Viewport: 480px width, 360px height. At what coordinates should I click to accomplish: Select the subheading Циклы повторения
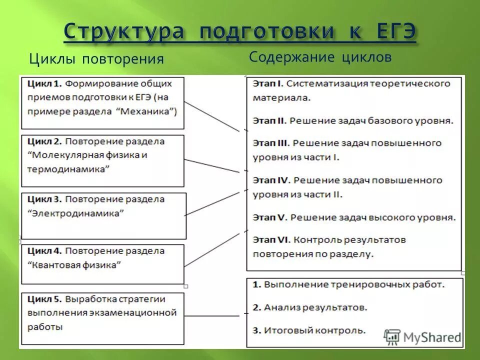(x=96, y=59)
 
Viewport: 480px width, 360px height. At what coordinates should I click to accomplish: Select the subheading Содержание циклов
(x=320, y=57)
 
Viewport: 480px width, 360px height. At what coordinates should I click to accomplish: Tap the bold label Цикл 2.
(x=43, y=141)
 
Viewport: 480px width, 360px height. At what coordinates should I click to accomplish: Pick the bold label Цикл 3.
(x=44, y=199)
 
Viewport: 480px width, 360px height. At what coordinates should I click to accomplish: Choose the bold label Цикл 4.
(x=44, y=250)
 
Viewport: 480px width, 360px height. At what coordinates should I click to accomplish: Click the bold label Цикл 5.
(x=44, y=299)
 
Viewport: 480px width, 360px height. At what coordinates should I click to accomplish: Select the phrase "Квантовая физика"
(x=74, y=264)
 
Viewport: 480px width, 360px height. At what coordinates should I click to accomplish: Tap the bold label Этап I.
(x=268, y=83)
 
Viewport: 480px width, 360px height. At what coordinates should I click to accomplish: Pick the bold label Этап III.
(x=271, y=143)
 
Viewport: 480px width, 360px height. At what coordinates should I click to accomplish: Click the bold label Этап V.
(x=269, y=217)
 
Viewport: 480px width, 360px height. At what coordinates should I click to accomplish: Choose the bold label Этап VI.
(x=271, y=240)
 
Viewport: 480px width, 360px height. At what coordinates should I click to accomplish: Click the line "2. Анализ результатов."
(x=309, y=307)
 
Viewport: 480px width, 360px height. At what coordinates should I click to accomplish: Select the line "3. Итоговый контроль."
(x=308, y=330)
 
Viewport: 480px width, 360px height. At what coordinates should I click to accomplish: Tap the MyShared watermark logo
(x=422, y=336)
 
